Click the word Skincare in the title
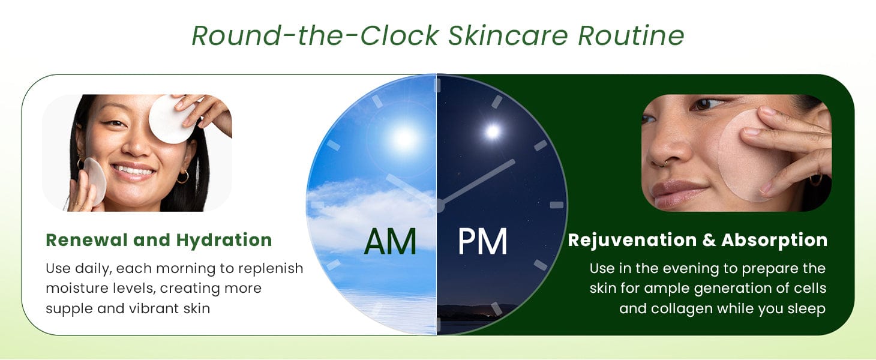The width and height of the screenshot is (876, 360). pos(508,35)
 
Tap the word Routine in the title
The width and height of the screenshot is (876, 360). pos(631,35)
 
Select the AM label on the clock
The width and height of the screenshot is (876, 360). pos(390,242)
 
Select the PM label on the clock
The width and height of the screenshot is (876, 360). pos(482,242)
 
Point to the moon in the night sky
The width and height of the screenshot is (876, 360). pos(493,132)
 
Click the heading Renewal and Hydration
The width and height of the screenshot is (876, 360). pos(159,240)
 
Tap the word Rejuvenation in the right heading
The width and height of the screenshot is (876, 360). pos(632,240)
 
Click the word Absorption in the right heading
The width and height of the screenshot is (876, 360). pos(775,240)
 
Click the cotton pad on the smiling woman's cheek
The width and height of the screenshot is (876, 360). pos(94,181)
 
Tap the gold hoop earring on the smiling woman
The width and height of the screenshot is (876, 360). pos(182,176)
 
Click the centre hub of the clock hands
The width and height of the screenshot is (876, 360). pos(439,205)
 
